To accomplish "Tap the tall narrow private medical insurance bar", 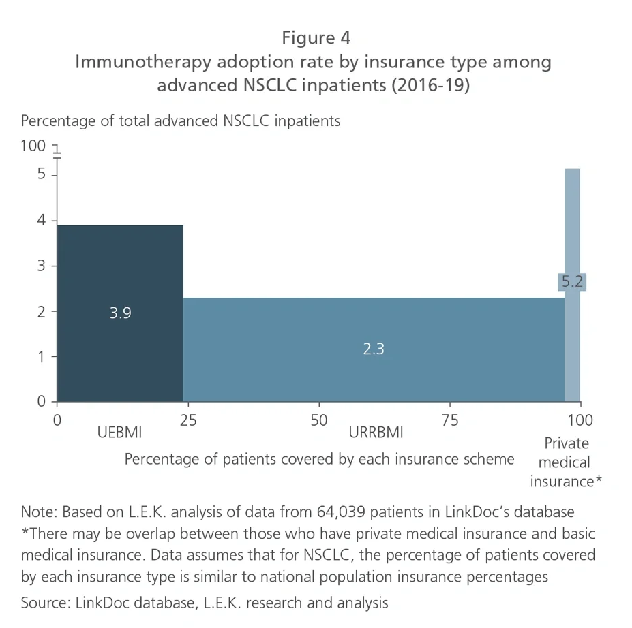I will [572, 218].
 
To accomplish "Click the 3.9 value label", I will [120, 313].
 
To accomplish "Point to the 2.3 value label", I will [374, 349].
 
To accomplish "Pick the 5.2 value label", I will [572, 281].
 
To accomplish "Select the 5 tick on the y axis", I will [42, 174].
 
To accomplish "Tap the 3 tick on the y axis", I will [42, 266].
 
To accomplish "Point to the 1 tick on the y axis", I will [42, 356].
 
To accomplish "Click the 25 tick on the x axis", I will [188, 420].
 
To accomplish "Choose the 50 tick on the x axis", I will [319, 420].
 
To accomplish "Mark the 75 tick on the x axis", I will [450, 420].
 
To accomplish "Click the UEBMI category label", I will [120, 433].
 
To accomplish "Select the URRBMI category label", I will [376, 433].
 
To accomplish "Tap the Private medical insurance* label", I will [566, 462].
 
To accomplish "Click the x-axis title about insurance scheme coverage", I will [319, 459].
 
